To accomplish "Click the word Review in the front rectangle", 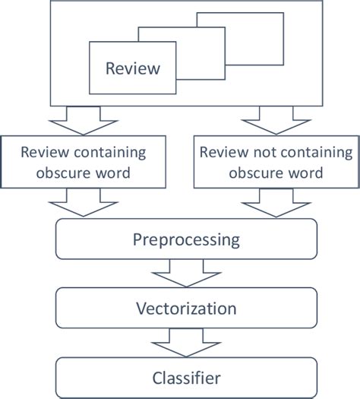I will coord(133,68).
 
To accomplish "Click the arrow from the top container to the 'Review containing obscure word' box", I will coord(84,119).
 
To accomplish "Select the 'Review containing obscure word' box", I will coord(84,161).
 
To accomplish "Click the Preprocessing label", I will coord(186,240).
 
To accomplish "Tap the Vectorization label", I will coord(186,309).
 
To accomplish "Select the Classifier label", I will coord(186,376).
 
